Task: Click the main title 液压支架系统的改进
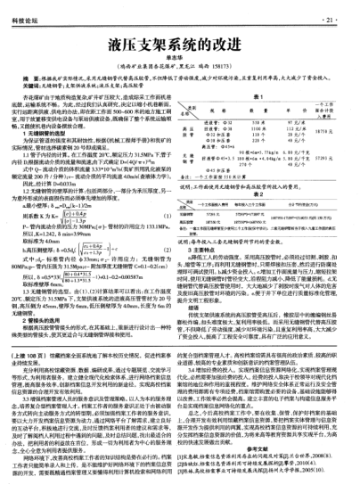pyautogui.click(x=178, y=43)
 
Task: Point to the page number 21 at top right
pyautogui.click(x=333, y=18)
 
